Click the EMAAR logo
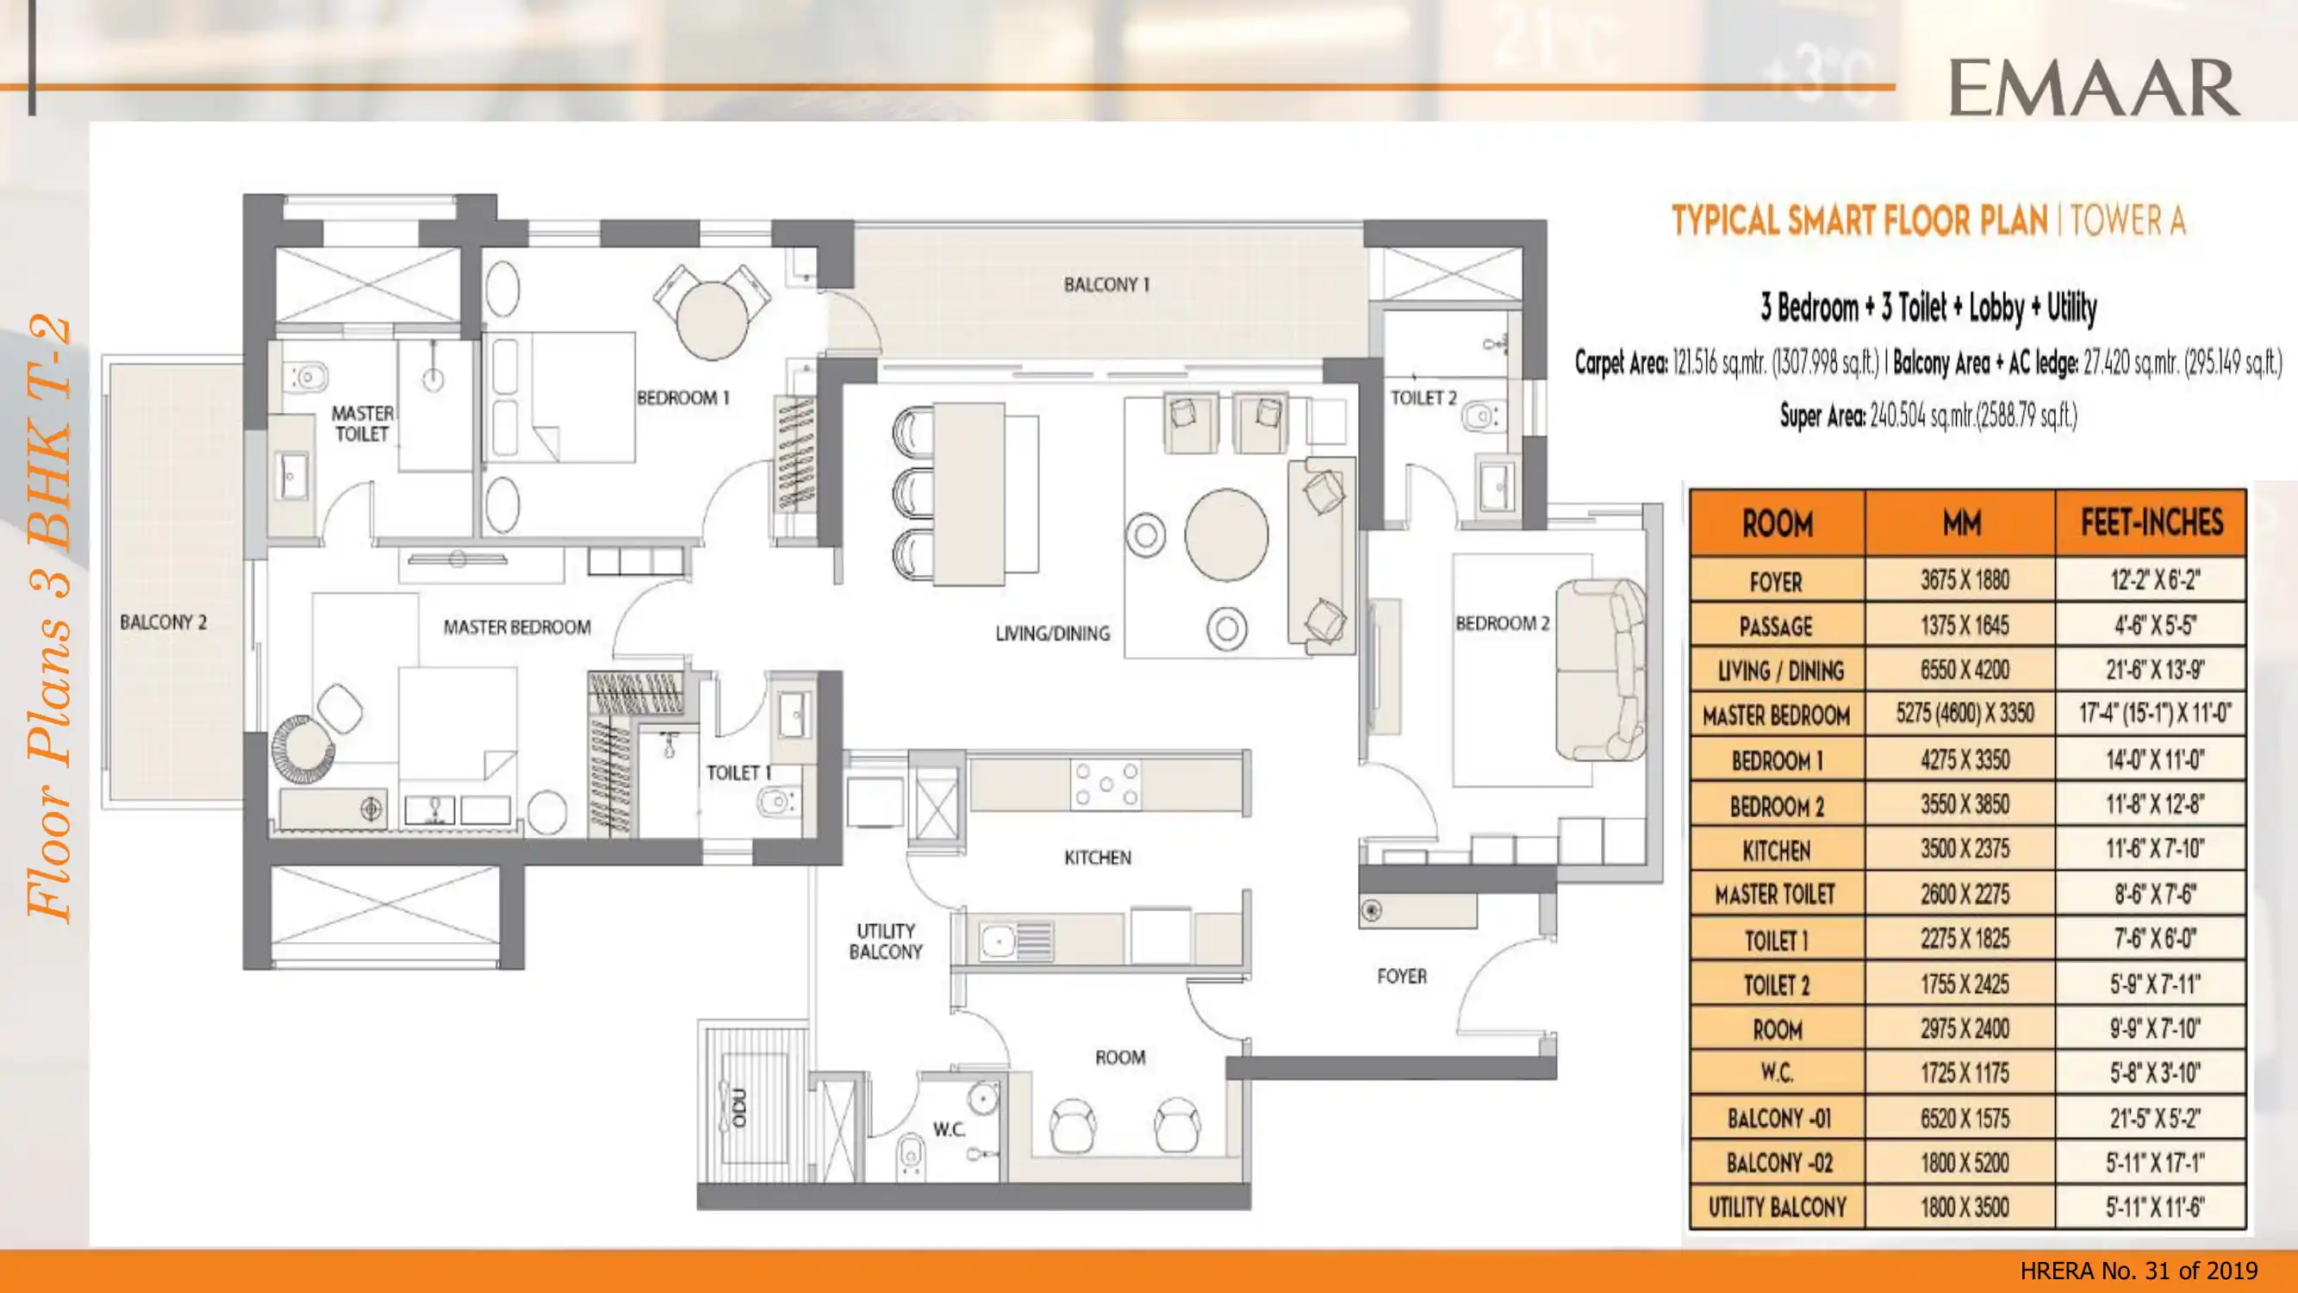click(x=2093, y=87)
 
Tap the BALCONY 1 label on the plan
click(x=1106, y=284)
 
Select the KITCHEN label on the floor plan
click(x=1097, y=858)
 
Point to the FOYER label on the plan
click(x=1401, y=977)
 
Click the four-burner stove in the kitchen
click(x=1106, y=784)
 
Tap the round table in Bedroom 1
click(x=712, y=321)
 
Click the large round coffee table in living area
click(x=1227, y=535)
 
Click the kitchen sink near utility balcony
click(x=1000, y=940)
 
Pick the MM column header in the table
click(x=1961, y=523)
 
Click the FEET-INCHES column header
click(x=2151, y=523)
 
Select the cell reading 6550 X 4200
click(x=1965, y=669)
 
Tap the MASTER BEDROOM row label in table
click(x=1776, y=715)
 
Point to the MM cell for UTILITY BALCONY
click(x=1965, y=1208)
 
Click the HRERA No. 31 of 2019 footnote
click(x=2138, y=1271)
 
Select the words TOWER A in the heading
click(x=2128, y=221)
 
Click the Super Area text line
click(x=1927, y=415)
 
